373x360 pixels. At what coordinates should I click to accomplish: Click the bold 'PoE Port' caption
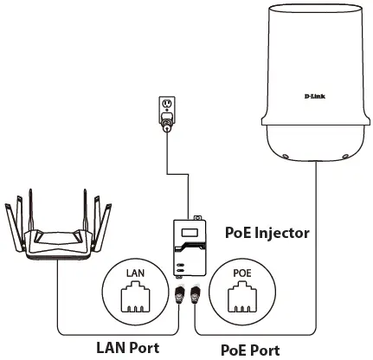(x=250, y=350)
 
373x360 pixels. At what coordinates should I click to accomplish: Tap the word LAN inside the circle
(x=135, y=273)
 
